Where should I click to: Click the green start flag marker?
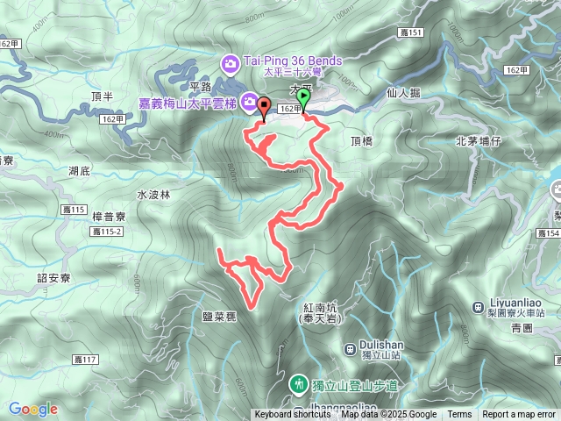[303, 96]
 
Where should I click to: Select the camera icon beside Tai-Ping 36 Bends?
[231, 62]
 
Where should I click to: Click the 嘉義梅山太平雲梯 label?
[188, 103]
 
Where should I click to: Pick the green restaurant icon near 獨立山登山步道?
[300, 384]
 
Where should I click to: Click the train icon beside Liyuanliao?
[478, 306]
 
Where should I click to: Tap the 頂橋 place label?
[361, 140]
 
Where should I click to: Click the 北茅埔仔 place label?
[478, 140]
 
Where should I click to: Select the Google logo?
[32, 409]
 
